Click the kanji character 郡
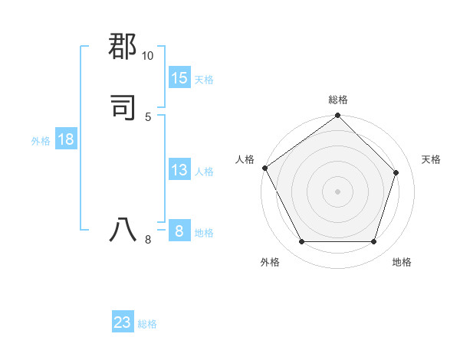[x=123, y=45]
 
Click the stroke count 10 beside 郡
[x=147, y=56]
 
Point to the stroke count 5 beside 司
[x=148, y=116]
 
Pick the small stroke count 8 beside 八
[x=148, y=240]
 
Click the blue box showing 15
[x=179, y=78]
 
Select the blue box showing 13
[x=179, y=170]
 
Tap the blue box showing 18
[x=66, y=139]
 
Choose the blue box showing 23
[x=123, y=322]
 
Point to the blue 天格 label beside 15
[x=204, y=80]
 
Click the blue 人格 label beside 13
[x=204, y=172]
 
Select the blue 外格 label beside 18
[x=41, y=141]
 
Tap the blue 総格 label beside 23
[x=147, y=324]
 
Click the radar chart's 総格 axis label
[x=338, y=100]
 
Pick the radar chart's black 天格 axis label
[x=432, y=159]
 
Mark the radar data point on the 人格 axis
[x=265, y=168]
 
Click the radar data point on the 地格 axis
[x=374, y=242]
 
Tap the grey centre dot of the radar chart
[x=338, y=191]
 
